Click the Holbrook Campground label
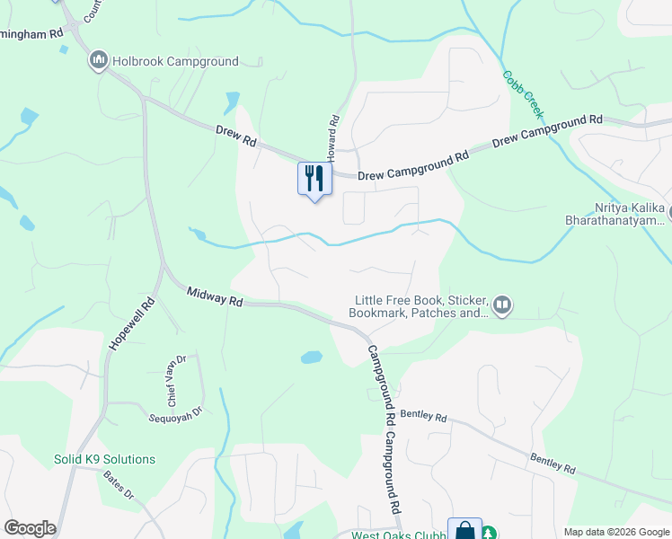tap(175, 62)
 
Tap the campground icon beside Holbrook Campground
tap(98, 61)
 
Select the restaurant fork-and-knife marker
tap(314, 177)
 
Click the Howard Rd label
tap(333, 132)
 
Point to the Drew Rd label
tap(236, 137)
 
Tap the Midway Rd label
tap(216, 297)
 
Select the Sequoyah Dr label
tap(175, 410)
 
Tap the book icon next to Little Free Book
tap(502, 306)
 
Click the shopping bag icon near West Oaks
tap(465, 530)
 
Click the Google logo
tap(30, 528)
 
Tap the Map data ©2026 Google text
tap(615, 532)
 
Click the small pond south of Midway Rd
tap(311, 357)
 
